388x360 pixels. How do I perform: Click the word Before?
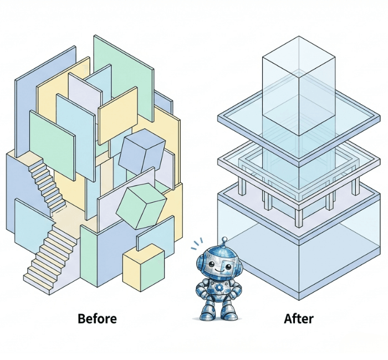pyautogui.click(x=97, y=319)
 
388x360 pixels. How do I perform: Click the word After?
pyautogui.click(x=299, y=319)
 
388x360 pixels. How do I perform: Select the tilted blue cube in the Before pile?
pyautogui.click(x=141, y=150)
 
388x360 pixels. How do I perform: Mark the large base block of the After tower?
pyautogui.click(x=299, y=244)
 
